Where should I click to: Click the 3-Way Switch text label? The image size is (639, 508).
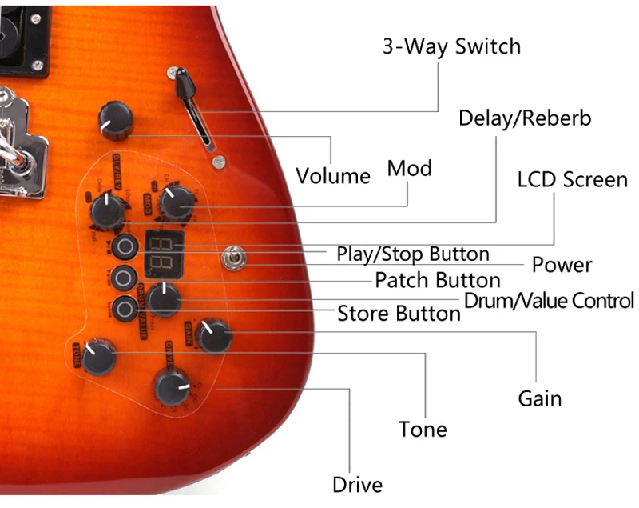tap(451, 46)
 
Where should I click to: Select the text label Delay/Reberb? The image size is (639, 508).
tap(525, 118)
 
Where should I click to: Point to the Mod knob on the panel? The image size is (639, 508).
tap(174, 204)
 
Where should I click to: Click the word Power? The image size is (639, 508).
tap(562, 265)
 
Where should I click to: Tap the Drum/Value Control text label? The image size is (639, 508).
tap(550, 301)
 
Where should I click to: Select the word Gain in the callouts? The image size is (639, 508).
tap(540, 398)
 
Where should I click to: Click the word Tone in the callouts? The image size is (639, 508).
tap(423, 430)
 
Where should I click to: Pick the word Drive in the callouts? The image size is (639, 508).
tap(357, 484)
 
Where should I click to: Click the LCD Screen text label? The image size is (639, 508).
tap(572, 179)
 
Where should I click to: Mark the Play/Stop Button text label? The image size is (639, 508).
tap(412, 254)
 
